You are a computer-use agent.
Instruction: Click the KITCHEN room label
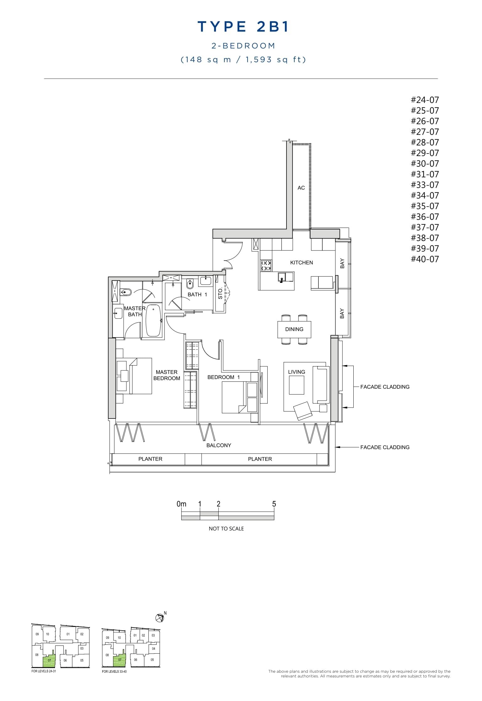click(x=301, y=262)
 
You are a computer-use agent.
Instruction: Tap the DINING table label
click(x=294, y=329)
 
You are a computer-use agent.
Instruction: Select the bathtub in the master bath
click(x=153, y=321)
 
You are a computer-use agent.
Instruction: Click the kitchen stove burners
click(x=266, y=266)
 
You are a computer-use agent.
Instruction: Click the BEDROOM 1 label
click(x=223, y=377)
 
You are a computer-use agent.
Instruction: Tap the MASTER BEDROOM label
click(x=167, y=375)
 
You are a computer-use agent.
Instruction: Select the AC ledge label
click(x=301, y=188)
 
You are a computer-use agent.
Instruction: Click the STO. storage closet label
click(x=220, y=293)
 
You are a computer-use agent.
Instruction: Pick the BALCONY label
click(x=219, y=445)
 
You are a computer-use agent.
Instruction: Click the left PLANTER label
click(x=150, y=459)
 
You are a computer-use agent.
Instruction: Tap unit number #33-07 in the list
click(x=425, y=185)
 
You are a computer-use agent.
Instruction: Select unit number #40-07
click(x=425, y=259)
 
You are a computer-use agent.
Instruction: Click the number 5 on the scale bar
click(x=274, y=504)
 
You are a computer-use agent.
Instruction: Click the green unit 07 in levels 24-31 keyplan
click(x=49, y=660)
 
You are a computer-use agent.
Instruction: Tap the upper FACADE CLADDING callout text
click(x=385, y=387)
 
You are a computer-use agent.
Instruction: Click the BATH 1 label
click(x=197, y=294)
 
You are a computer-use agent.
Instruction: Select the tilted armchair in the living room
click(x=303, y=411)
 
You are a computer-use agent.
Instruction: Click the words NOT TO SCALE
click(x=226, y=529)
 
